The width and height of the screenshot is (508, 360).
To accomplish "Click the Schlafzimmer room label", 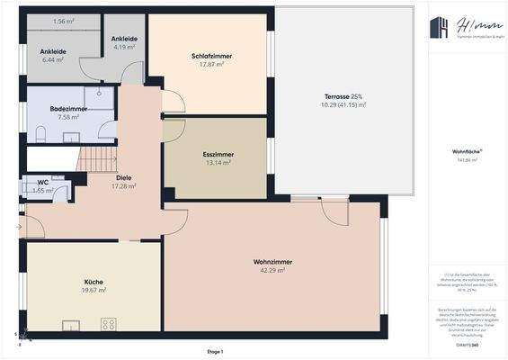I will point(211,56).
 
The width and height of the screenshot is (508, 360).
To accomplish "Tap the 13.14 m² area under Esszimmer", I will point(218,163).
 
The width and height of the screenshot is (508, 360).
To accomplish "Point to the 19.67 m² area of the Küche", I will point(95,290).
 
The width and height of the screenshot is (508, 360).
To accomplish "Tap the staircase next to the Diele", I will point(96,159).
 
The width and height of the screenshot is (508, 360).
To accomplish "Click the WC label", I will point(42,182).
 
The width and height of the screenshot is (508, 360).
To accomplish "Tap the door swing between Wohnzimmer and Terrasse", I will point(334,211).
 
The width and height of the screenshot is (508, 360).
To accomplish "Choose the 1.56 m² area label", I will point(63,21).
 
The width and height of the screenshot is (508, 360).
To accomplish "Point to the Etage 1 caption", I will point(214,351).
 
